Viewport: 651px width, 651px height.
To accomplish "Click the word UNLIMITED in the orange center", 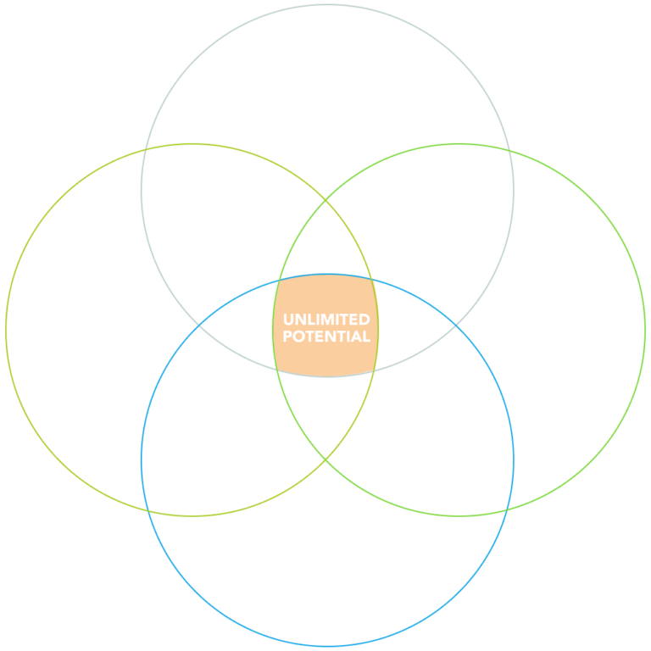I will point(326,320).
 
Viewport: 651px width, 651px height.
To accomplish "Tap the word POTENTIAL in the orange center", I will point(326,337).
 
